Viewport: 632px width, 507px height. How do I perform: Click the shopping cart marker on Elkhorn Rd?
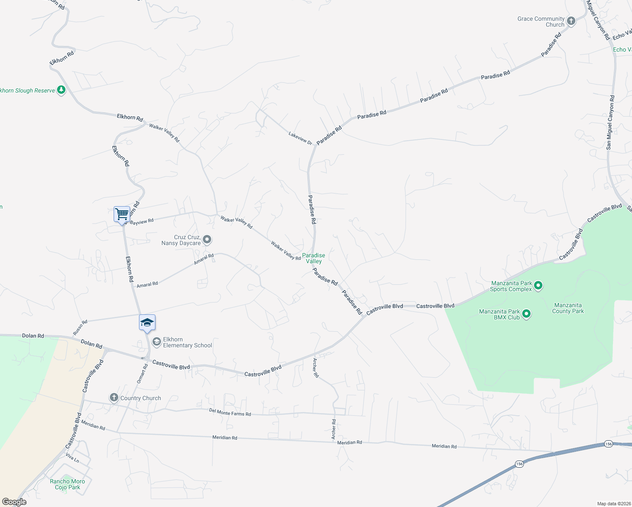pos(122,214)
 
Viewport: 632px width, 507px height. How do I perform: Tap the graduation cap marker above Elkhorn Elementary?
pos(147,323)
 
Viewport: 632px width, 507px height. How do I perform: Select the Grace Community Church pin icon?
pos(571,21)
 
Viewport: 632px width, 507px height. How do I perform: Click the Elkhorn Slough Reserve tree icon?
pos(61,90)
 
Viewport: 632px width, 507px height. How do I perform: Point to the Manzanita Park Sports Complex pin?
pos(538,286)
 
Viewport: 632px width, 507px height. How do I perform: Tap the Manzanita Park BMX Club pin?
pos(526,314)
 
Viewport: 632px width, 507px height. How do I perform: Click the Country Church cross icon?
pos(114,398)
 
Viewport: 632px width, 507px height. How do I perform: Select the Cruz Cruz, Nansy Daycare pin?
pos(207,240)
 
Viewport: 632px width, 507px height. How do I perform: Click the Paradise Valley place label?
pos(313,258)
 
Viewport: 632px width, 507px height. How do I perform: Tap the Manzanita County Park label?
pos(568,308)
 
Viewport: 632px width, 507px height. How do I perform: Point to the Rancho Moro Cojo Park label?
pos(67,484)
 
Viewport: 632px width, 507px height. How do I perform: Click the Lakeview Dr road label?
pos(300,138)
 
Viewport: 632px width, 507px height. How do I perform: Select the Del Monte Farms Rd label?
pos(230,412)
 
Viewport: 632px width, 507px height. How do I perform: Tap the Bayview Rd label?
pos(142,221)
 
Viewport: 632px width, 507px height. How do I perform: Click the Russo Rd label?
pos(80,328)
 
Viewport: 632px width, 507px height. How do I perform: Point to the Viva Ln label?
pos(72,458)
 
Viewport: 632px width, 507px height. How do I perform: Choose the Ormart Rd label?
pos(142,373)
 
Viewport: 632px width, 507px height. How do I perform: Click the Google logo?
pos(14,502)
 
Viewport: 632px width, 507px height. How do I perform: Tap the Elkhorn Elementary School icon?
pos(157,341)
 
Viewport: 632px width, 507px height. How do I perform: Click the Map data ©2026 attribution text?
pos(613,504)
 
